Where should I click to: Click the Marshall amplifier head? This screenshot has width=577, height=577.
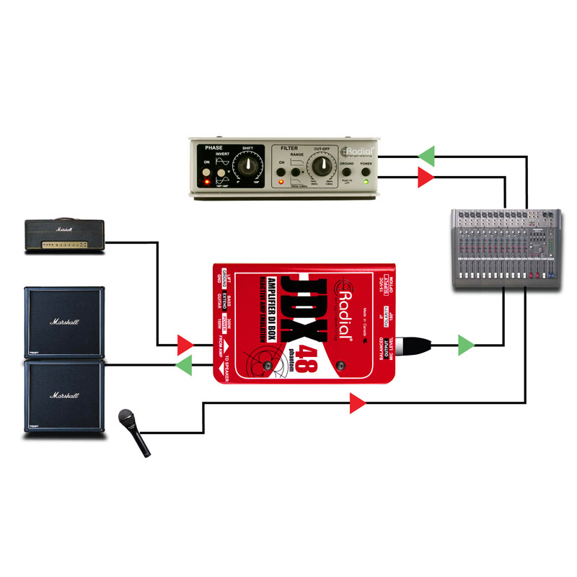click(x=63, y=235)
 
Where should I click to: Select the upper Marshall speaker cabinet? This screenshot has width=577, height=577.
click(x=64, y=320)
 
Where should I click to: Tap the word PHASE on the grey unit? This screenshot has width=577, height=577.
click(x=214, y=148)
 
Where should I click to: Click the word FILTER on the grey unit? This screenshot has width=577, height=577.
click(x=289, y=149)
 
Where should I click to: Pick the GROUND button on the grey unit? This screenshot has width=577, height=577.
click(x=347, y=171)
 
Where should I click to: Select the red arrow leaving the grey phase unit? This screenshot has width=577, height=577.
click(x=427, y=177)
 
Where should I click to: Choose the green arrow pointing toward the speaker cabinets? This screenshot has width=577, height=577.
click(x=185, y=365)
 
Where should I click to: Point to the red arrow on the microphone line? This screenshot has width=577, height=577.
click(x=357, y=404)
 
